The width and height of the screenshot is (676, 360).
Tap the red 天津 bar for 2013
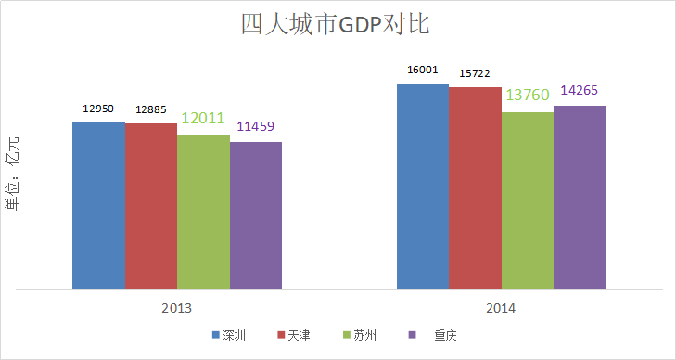click(151, 206)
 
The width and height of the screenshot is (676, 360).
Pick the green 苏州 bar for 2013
click(203, 212)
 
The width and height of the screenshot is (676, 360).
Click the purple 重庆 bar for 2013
click(256, 215)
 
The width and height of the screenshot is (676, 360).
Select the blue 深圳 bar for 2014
click(423, 186)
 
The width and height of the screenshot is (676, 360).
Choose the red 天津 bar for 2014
click(475, 188)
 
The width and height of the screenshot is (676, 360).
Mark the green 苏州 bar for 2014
click(527, 200)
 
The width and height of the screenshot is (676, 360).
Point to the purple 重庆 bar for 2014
click(580, 198)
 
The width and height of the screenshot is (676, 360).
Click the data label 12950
click(98, 109)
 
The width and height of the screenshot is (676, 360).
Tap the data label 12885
click(151, 110)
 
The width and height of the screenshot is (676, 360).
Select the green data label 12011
click(203, 119)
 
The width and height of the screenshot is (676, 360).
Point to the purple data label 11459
click(256, 126)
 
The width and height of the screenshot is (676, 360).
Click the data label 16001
click(423, 70)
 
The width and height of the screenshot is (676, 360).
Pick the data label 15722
click(475, 73)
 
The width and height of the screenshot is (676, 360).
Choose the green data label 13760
click(528, 96)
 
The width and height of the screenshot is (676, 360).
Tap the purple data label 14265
click(580, 90)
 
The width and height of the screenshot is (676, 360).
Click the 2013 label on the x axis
click(176, 307)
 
